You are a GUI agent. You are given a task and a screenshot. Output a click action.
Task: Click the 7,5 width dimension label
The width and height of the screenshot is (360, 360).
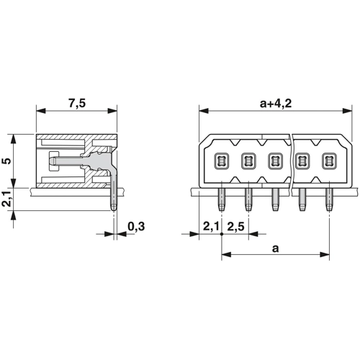(x=77, y=104)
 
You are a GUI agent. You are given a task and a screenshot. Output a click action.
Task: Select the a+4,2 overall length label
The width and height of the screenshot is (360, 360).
(x=276, y=104)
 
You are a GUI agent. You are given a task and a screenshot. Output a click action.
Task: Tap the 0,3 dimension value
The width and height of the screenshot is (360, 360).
(x=136, y=226)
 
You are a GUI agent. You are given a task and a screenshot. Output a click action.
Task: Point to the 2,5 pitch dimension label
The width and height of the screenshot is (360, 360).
(x=235, y=226)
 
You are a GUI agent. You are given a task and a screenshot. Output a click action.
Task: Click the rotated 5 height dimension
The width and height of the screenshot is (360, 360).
(x=8, y=161)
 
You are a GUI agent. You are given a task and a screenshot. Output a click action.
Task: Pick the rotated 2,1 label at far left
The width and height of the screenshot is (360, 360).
(x=8, y=199)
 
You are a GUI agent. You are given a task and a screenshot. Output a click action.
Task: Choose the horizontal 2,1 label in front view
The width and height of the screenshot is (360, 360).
(x=211, y=226)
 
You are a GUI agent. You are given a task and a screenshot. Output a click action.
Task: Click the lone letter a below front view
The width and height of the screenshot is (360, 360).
(x=276, y=248)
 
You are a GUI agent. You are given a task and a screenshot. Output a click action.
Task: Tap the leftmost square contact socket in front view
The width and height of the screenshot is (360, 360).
(x=222, y=161)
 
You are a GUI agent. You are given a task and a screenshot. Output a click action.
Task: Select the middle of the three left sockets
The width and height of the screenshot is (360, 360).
(x=248, y=161)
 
